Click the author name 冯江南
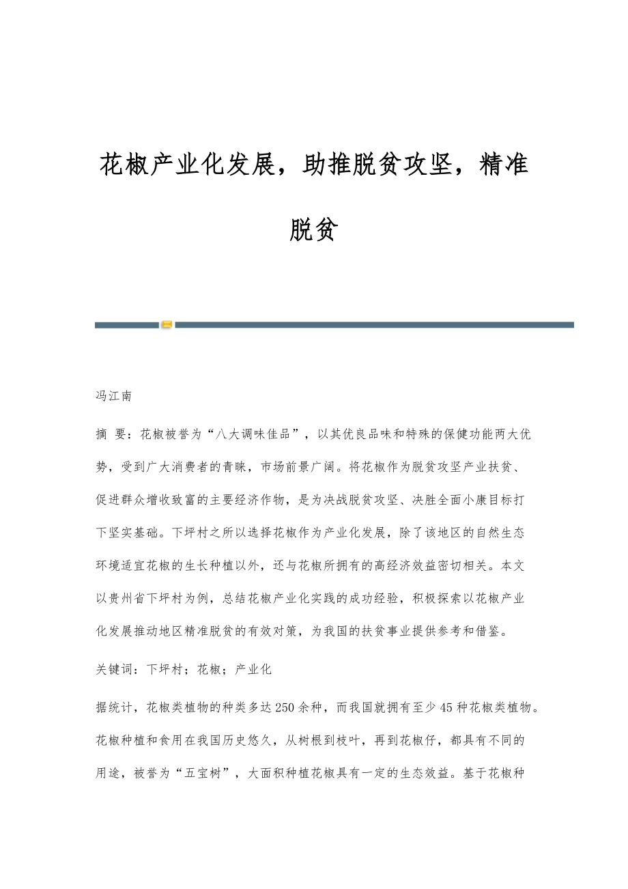(x=113, y=396)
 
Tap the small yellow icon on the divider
(x=167, y=325)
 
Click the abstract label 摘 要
(x=111, y=434)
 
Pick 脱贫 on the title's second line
(x=313, y=230)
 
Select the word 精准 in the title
(x=504, y=165)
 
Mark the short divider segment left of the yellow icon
(x=126, y=325)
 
